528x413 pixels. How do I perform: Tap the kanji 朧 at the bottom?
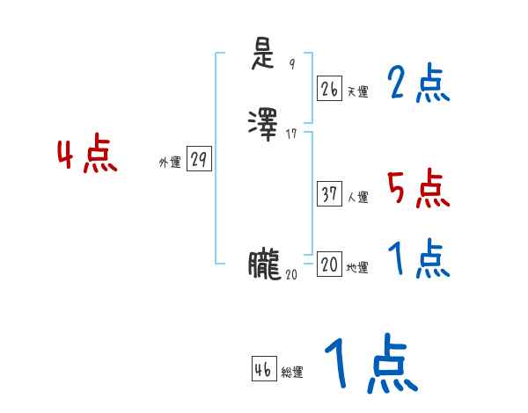265,264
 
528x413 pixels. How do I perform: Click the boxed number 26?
329,89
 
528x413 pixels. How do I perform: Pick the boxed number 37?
329,195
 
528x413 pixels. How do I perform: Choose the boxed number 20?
329,264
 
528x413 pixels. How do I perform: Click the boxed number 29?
199,160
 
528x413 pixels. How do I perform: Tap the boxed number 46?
263,370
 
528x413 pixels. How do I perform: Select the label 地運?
357,268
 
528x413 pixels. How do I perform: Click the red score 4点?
87,156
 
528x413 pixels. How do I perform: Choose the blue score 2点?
418,84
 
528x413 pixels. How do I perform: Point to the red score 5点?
418,187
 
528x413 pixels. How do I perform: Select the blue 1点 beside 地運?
418,259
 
